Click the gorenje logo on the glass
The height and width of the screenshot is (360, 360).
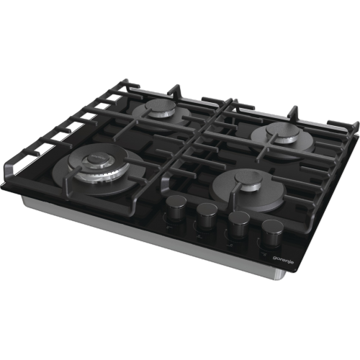[x=284, y=259]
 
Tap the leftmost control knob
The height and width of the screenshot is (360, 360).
[x=176, y=207]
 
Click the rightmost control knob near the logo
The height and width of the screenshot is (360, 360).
[x=272, y=233]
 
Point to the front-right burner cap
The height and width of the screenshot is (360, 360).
[x=248, y=179]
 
